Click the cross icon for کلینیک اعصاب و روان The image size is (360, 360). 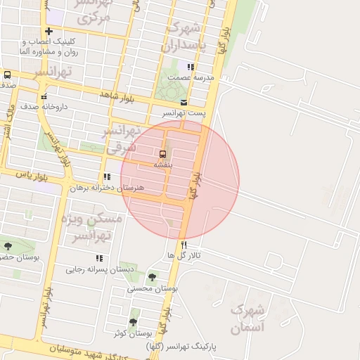click(x=49, y=31)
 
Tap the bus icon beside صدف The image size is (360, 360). click(x=7, y=75)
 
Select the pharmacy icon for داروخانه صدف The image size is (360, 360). click(x=44, y=97)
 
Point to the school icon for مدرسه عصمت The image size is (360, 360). click(x=191, y=67)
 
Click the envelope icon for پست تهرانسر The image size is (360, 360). click(x=184, y=103)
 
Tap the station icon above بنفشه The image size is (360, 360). click(x=163, y=154)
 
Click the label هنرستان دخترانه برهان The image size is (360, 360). click(x=112, y=188)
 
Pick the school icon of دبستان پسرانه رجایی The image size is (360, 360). click(x=99, y=259)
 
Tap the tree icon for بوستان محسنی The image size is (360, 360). click(x=153, y=277)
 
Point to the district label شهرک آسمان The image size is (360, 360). click(x=247, y=319)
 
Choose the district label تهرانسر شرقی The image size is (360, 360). click(x=123, y=139)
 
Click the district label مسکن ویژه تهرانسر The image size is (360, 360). click(x=93, y=226)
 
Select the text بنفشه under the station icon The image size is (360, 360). click(x=163, y=165)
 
